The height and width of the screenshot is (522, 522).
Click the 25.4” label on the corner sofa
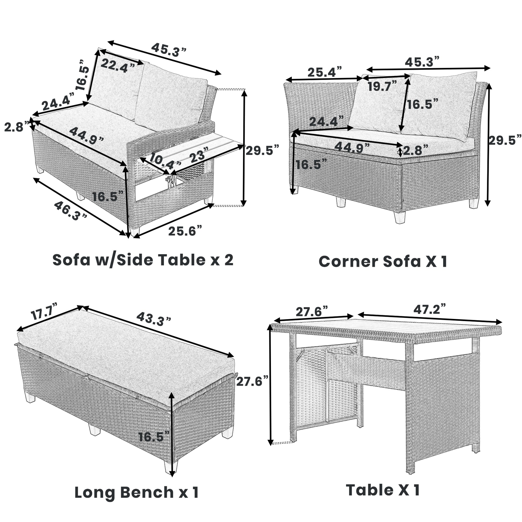325,72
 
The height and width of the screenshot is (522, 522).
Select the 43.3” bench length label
153,319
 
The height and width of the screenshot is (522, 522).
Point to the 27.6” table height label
252,382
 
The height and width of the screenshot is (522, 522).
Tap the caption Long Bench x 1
137,492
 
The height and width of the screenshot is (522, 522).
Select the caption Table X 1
383,490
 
